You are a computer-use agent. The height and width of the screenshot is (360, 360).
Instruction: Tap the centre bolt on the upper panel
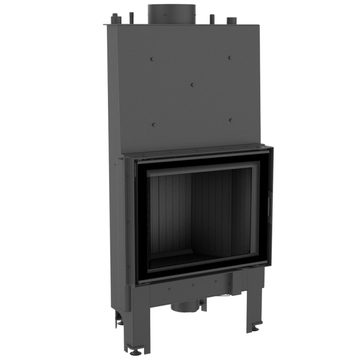point(191,84)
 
